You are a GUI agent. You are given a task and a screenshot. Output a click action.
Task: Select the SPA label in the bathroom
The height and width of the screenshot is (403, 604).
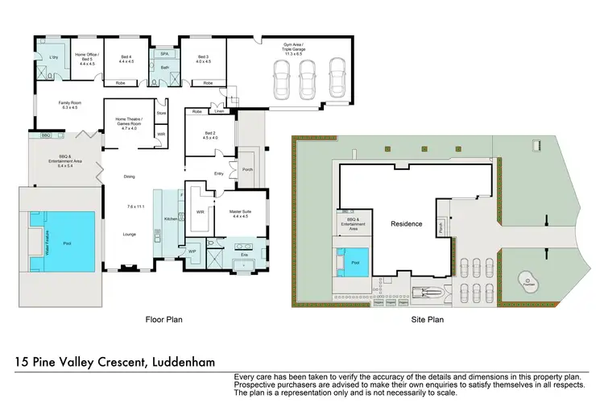pos(163,53)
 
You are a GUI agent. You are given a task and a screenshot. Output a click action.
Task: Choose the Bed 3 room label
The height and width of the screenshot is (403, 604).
pos(202,59)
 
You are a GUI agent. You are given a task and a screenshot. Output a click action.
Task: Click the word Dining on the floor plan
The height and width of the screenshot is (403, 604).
pos(128,177)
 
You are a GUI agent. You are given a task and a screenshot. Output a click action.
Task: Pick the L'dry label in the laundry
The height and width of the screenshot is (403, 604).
pos(53,56)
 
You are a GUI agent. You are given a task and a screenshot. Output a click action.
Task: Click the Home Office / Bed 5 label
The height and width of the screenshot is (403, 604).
pos(85,56)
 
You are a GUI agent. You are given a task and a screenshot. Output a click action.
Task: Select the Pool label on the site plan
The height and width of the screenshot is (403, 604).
pos(355,263)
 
